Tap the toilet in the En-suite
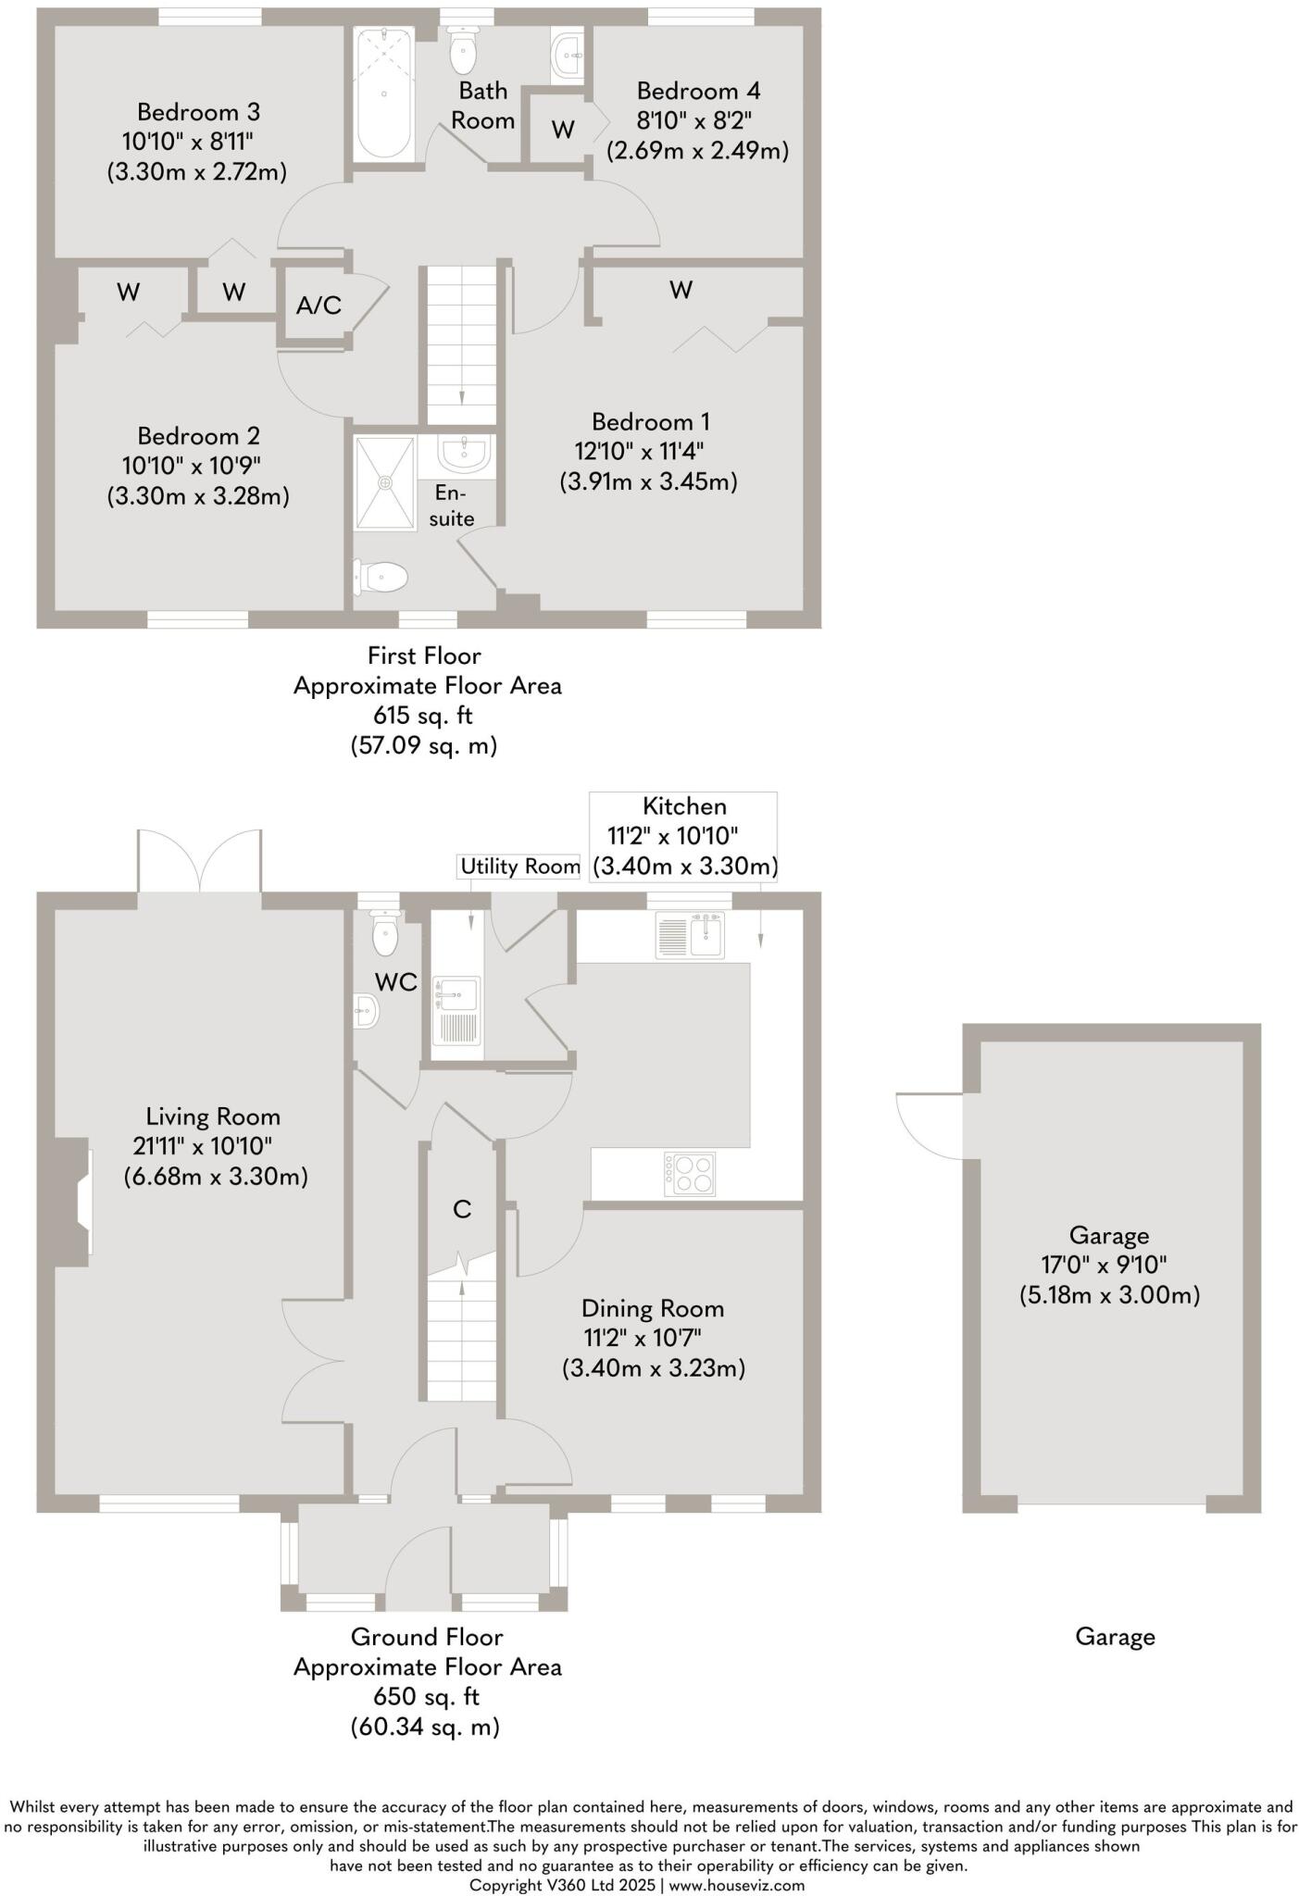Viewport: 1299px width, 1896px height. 383,578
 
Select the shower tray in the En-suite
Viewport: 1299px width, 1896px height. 385,482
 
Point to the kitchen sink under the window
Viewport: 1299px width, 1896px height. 691,935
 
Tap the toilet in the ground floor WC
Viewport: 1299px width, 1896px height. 385,933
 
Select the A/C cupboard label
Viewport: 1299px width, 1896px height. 319,306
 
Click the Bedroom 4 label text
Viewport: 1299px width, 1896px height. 698,91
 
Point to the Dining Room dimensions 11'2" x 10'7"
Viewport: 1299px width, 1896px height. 643,1338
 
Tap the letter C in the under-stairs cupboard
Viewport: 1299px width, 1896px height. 462,1209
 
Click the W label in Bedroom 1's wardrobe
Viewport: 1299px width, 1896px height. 681,291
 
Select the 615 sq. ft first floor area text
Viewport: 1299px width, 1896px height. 423,716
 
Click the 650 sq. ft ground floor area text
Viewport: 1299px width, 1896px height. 426,1697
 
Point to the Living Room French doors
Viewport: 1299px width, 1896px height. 199,861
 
